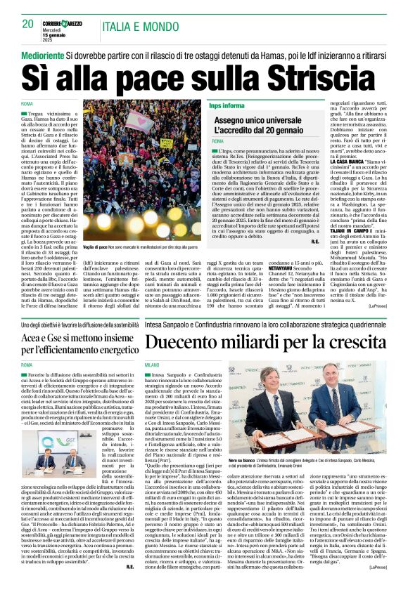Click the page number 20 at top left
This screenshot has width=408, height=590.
pos(28,24)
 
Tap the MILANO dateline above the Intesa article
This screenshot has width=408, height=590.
pos(152,365)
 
